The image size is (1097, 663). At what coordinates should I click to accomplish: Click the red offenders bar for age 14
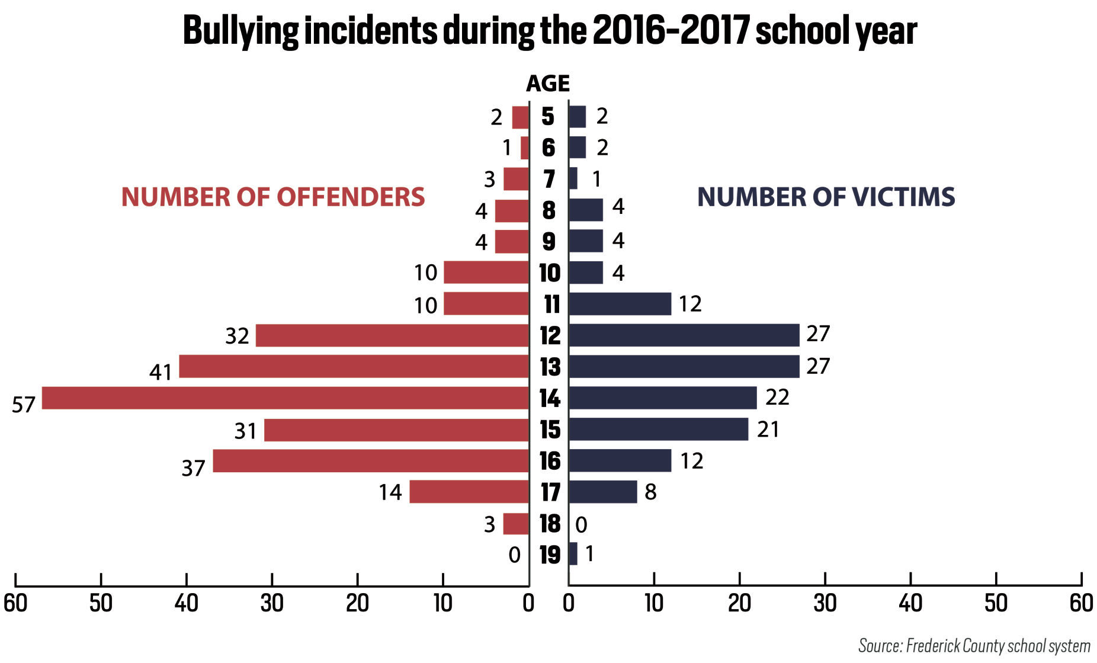pos(285,398)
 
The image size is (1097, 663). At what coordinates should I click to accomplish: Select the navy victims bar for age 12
pos(684,335)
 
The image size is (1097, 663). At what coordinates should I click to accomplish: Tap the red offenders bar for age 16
pos(371,461)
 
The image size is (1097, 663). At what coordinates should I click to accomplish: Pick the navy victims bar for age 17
pos(602,492)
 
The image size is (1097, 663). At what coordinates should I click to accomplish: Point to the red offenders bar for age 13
pos(354,367)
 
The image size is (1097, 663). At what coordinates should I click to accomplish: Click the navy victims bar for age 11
pos(620,304)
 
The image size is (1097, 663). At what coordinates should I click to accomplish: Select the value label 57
pos(24,405)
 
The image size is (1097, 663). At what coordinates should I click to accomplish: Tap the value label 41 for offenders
pos(161,372)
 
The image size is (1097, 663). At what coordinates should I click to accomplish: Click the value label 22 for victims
pos(777,397)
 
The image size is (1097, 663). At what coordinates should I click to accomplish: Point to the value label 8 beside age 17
pos(650,492)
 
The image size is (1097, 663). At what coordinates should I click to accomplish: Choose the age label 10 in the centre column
pos(550,273)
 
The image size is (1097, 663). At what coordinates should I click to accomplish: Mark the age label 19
pos(550,555)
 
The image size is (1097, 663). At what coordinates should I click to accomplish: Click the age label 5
pos(548,117)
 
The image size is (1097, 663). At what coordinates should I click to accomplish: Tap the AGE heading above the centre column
pos(548,84)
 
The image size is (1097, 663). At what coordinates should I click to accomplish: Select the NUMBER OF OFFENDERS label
pos(273,197)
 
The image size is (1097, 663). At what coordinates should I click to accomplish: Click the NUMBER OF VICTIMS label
pos(826,197)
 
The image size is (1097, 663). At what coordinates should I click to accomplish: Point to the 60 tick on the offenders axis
pos(15,603)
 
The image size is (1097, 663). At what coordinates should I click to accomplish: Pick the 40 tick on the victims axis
pos(910,603)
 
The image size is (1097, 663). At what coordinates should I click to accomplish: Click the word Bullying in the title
pos(240,31)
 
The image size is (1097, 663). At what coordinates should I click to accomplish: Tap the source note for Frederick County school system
pos(974,645)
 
